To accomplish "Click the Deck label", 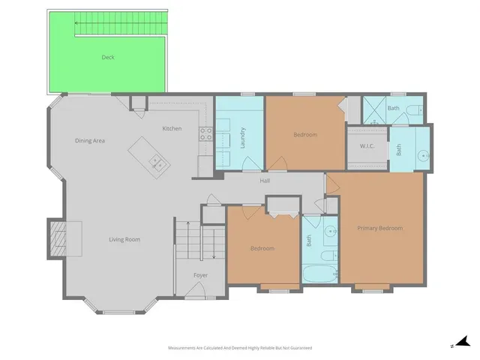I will pos(109,57).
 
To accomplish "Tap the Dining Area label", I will pos(89,140).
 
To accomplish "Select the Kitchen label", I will pos(172,128).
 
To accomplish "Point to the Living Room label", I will pos(124,239).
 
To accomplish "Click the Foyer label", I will pos(200,275).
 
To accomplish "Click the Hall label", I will pos(265,181).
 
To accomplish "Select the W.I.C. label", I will pos(367,145).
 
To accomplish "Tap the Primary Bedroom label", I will pos(379,228).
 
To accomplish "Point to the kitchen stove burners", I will pos(205,134).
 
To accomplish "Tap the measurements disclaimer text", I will pos(239,348).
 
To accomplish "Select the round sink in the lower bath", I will pos(329,232).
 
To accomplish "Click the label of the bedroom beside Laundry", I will pos(304,135).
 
